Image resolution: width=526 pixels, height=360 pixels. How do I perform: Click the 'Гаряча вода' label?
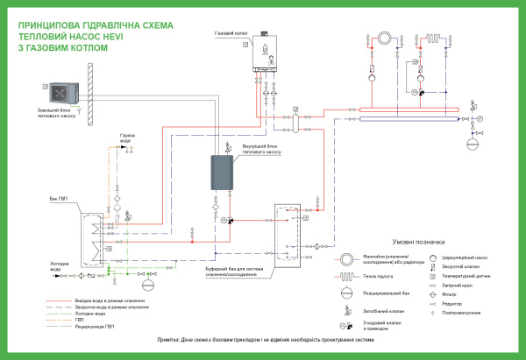128,138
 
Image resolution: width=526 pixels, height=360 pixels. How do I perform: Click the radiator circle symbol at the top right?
381,38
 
